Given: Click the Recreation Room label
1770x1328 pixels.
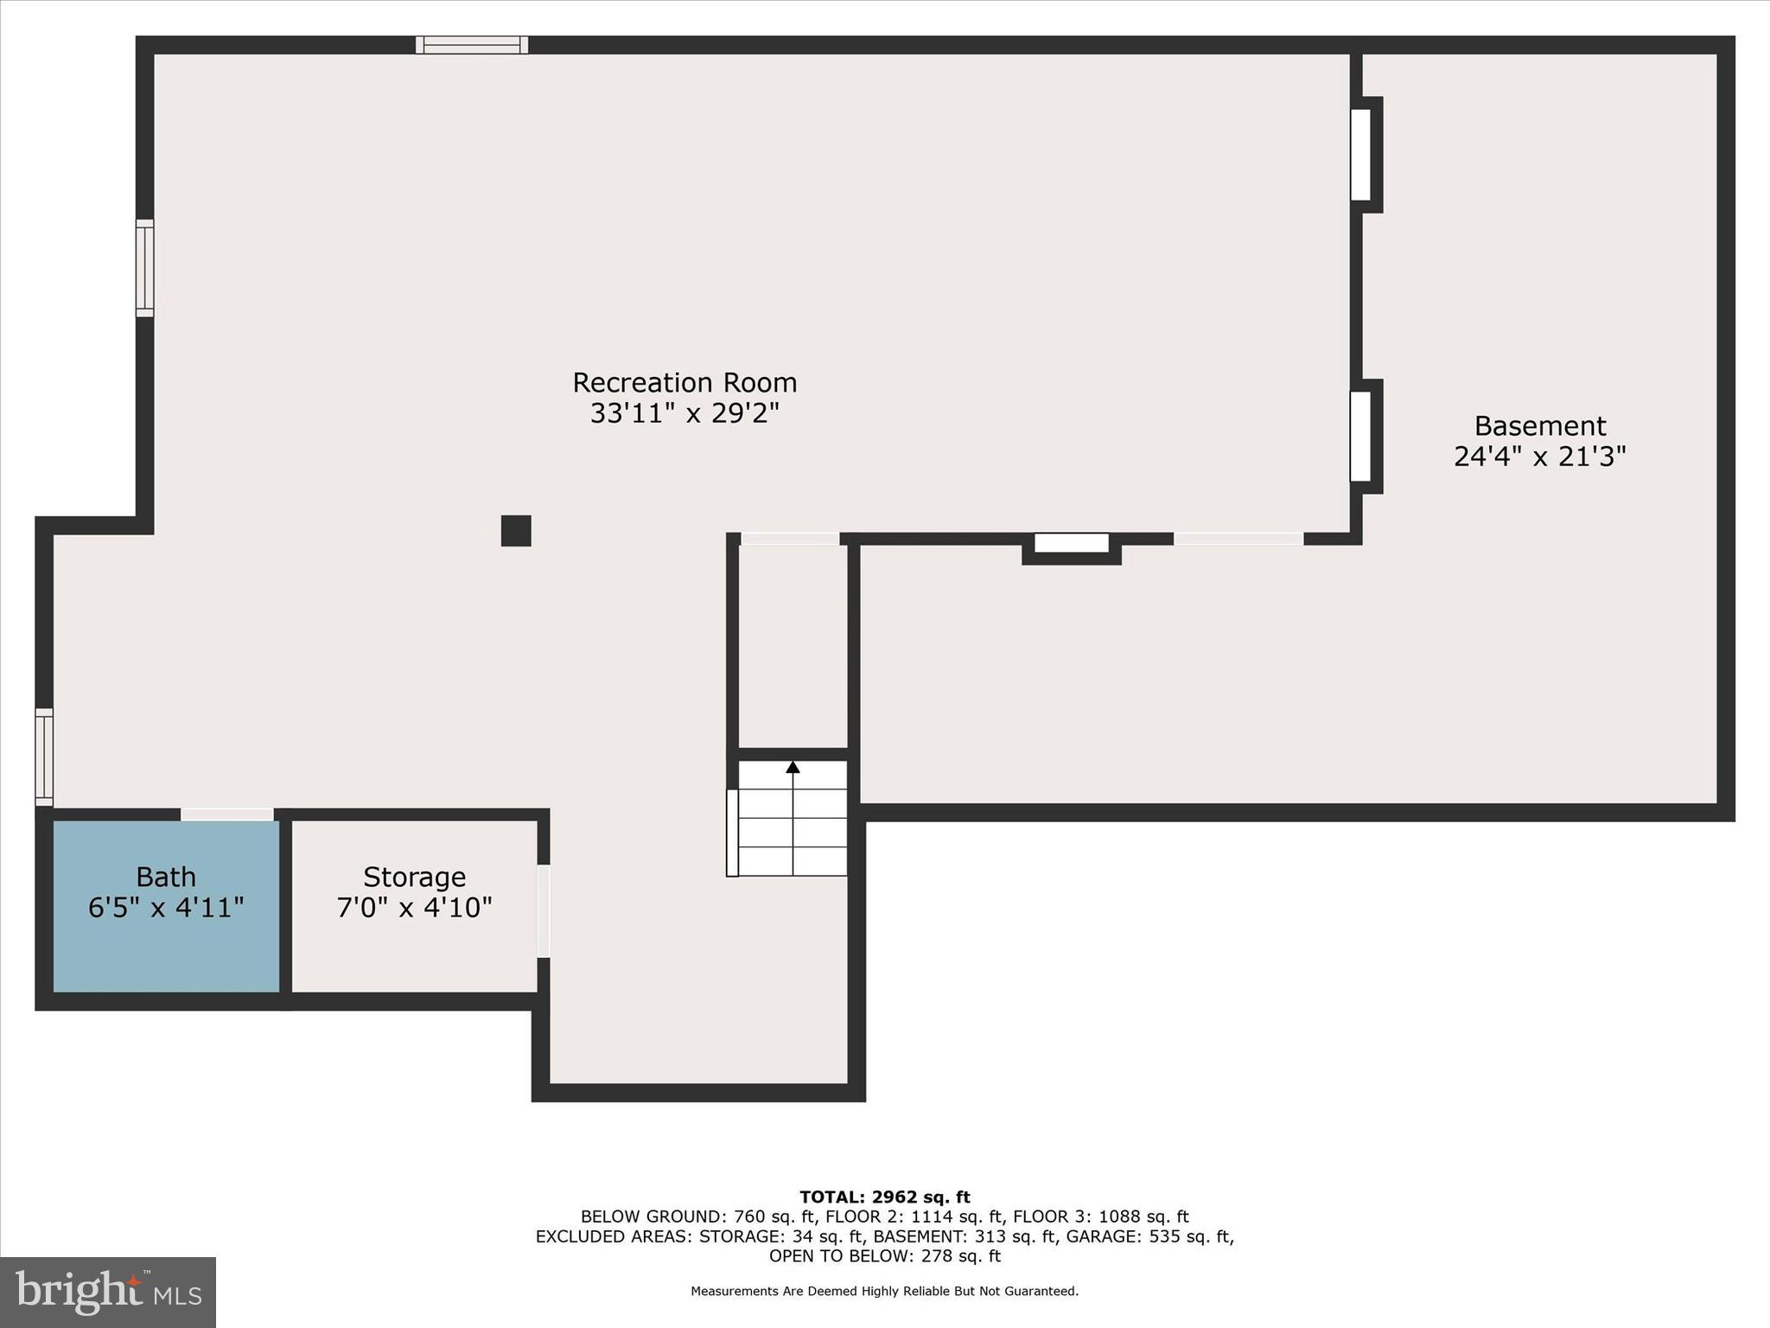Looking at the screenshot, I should [x=684, y=382].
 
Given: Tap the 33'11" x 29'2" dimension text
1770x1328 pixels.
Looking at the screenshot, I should [x=684, y=413].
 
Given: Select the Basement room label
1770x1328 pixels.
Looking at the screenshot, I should [x=1539, y=425].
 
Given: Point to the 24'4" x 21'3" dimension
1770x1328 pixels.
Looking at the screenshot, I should [x=1539, y=456].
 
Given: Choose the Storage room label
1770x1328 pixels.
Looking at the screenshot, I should [x=414, y=877].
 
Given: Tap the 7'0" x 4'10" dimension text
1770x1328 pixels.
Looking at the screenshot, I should [x=414, y=908].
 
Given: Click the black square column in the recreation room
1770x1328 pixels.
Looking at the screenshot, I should [x=516, y=531].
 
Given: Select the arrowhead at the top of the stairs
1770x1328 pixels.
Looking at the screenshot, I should [x=793, y=767].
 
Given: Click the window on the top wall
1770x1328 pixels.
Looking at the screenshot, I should [x=471, y=45].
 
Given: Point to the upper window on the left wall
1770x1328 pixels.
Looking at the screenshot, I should [x=145, y=267].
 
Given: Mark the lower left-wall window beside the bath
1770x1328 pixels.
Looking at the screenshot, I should [x=44, y=757].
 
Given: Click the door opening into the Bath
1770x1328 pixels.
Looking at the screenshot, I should [x=226, y=814].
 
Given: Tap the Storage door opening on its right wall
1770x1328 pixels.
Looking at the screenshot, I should [x=543, y=911].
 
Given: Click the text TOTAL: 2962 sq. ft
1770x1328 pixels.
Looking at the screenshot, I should [x=884, y=1197].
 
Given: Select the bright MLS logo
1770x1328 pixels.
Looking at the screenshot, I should [x=108, y=1292].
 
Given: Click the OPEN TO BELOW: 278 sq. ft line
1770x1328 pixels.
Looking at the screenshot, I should [x=884, y=1256].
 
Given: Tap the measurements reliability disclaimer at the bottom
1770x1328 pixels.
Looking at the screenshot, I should [x=884, y=1292].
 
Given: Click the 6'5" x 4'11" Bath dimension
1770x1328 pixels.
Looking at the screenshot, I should [x=166, y=908].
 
